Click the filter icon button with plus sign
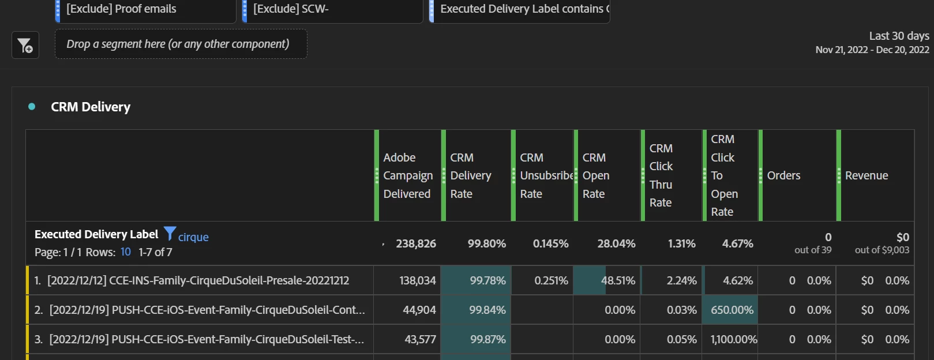(x=25, y=45)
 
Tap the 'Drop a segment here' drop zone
(x=181, y=44)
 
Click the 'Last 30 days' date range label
(x=899, y=36)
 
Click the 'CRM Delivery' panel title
(x=91, y=107)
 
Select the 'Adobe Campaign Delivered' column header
(x=408, y=175)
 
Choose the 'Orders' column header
(x=783, y=175)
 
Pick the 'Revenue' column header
(x=867, y=175)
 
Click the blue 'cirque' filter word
(x=193, y=237)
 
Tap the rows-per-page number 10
(x=126, y=252)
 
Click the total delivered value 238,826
(x=415, y=243)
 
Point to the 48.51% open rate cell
(x=618, y=280)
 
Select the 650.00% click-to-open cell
(x=732, y=310)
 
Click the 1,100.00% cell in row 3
(x=733, y=339)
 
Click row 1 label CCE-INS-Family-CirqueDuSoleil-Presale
(x=198, y=280)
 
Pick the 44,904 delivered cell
(x=419, y=310)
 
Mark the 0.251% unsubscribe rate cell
(x=551, y=280)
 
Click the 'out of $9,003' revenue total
(x=882, y=250)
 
